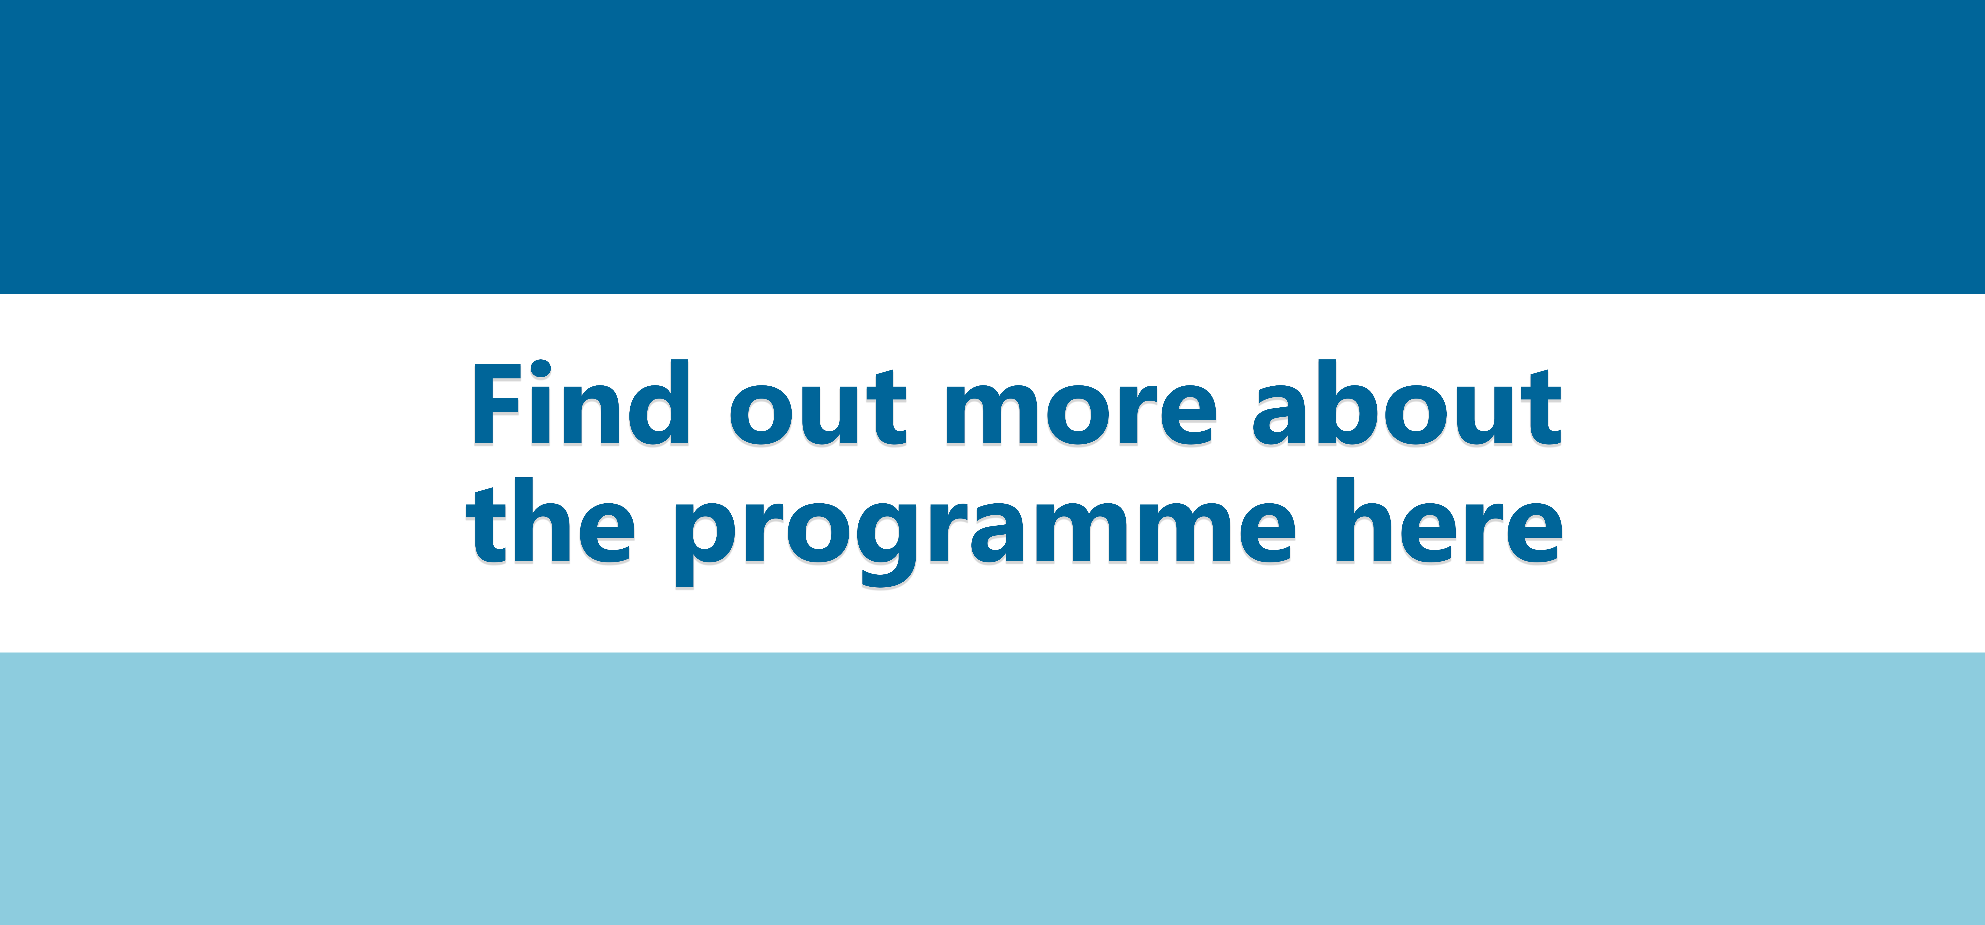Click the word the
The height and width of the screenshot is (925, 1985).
point(551,520)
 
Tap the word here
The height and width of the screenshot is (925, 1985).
point(1449,520)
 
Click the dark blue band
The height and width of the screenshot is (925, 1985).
point(992,146)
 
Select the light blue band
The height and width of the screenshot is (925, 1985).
point(992,789)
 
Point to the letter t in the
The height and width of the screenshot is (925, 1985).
point(487,525)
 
